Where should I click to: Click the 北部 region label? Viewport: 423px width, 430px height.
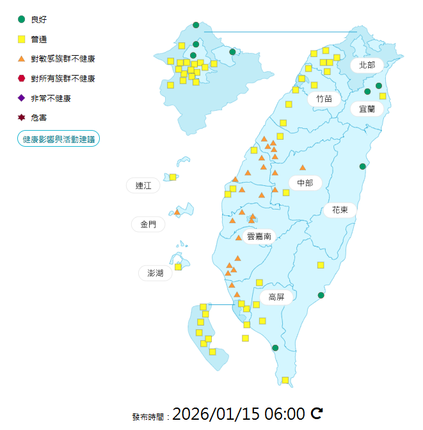point(367,65)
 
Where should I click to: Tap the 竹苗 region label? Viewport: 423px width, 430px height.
point(324,99)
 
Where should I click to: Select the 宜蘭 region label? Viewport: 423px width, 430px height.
point(367,109)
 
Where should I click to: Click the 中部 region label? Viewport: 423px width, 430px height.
point(305,183)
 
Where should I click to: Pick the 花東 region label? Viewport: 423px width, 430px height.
point(340,210)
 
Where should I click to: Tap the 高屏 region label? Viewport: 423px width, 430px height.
point(276,297)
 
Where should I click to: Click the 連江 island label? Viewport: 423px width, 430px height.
point(143,186)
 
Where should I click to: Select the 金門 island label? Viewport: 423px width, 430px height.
point(148,224)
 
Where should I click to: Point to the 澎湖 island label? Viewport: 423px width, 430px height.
point(156,273)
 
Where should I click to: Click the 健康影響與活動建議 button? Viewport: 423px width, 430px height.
point(58,138)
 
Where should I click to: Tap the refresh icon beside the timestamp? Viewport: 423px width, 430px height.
point(316,413)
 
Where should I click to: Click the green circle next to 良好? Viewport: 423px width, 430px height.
point(22,20)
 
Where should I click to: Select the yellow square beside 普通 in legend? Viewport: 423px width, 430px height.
point(22,40)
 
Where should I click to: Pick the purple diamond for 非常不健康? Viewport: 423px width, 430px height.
point(22,98)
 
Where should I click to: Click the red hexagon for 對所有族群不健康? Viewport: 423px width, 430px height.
point(22,79)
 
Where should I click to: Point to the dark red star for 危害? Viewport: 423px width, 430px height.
point(22,118)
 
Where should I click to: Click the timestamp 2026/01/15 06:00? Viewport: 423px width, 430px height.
point(239,413)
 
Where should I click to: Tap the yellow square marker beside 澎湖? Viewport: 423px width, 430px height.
point(179,267)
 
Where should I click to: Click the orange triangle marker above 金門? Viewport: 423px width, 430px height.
point(177,211)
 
